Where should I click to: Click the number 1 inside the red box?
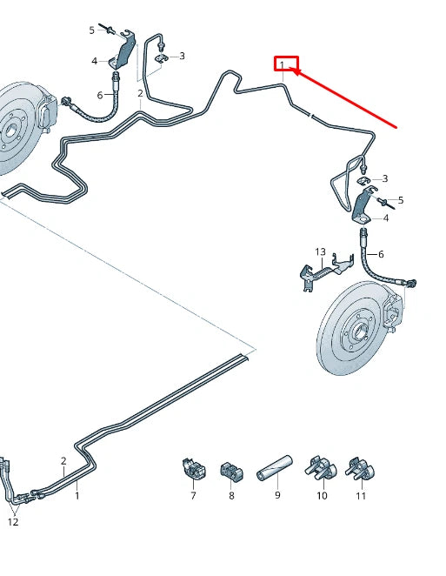pyautogui.click(x=282, y=64)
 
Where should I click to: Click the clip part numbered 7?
pyautogui.click(x=193, y=469)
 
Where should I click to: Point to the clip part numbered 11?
pyautogui.click(x=359, y=469)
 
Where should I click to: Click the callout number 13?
pyautogui.click(x=320, y=252)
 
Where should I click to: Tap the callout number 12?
pyautogui.click(x=13, y=522)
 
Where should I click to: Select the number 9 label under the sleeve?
pyautogui.click(x=277, y=496)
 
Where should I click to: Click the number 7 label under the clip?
pyautogui.click(x=193, y=496)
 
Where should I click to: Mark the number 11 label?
pyautogui.click(x=361, y=496)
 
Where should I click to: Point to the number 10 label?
pyautogui.click(x=322, y=496)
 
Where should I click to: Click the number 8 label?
pyautogui.click(x=231, y=496)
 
